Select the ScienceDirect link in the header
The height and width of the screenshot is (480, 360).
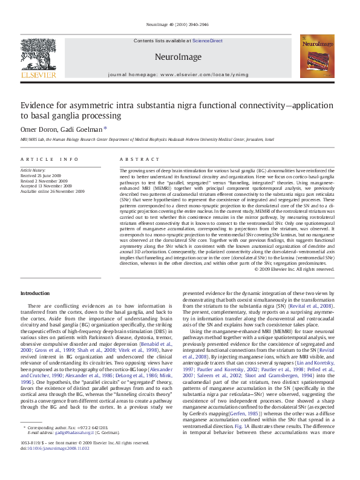[x=208, y=41]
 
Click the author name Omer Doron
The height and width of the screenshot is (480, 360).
[x=38, y=129]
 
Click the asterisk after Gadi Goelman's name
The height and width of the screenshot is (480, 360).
[x=105, y=128]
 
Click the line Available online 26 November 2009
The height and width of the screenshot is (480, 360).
[x=52, y=190]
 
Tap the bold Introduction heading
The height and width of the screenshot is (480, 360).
[x=35, y=293]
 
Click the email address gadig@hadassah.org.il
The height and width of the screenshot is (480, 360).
[x=71, y=450]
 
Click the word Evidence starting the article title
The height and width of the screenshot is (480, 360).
[x=38, y=105]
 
